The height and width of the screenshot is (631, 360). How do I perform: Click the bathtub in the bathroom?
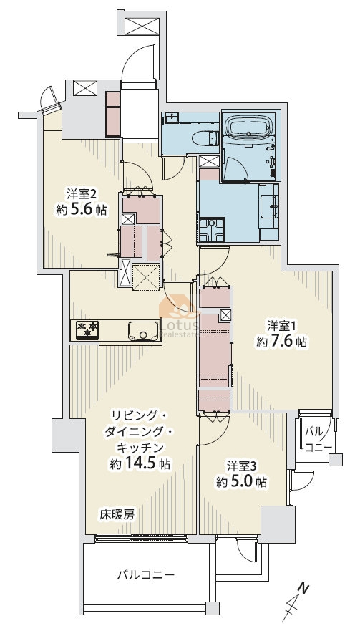(x=249, y=127)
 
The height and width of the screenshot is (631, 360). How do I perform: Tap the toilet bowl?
(x=205, y=138)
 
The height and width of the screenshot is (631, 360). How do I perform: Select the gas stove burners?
(x=87, y=329)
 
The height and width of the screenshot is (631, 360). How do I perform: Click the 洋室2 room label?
(x=82, y=195)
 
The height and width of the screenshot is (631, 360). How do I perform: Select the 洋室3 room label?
(x=241, y=466)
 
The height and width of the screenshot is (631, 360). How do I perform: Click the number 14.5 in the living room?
(x=141, y=463)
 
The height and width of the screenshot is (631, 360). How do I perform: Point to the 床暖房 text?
(x=117, y=514)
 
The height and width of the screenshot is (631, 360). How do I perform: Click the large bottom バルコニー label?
(x=146, y=574)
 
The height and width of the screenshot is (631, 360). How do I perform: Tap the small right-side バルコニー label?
(x=318, y=440)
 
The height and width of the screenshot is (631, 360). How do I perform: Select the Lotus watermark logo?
(x=179, y=318)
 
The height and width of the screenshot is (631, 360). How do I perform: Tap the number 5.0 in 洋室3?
(x=241, y=481)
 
